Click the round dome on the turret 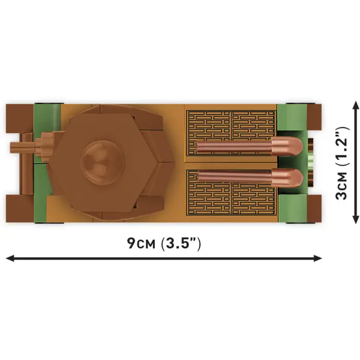(102, 163)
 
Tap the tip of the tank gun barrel (11, 148)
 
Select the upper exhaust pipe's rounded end (287, 146)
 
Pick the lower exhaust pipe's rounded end (287, 178)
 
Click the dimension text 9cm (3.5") (164, 243)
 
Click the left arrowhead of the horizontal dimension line (10, 258)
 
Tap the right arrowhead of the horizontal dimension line (318, 258)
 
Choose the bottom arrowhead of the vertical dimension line (355, 219)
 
